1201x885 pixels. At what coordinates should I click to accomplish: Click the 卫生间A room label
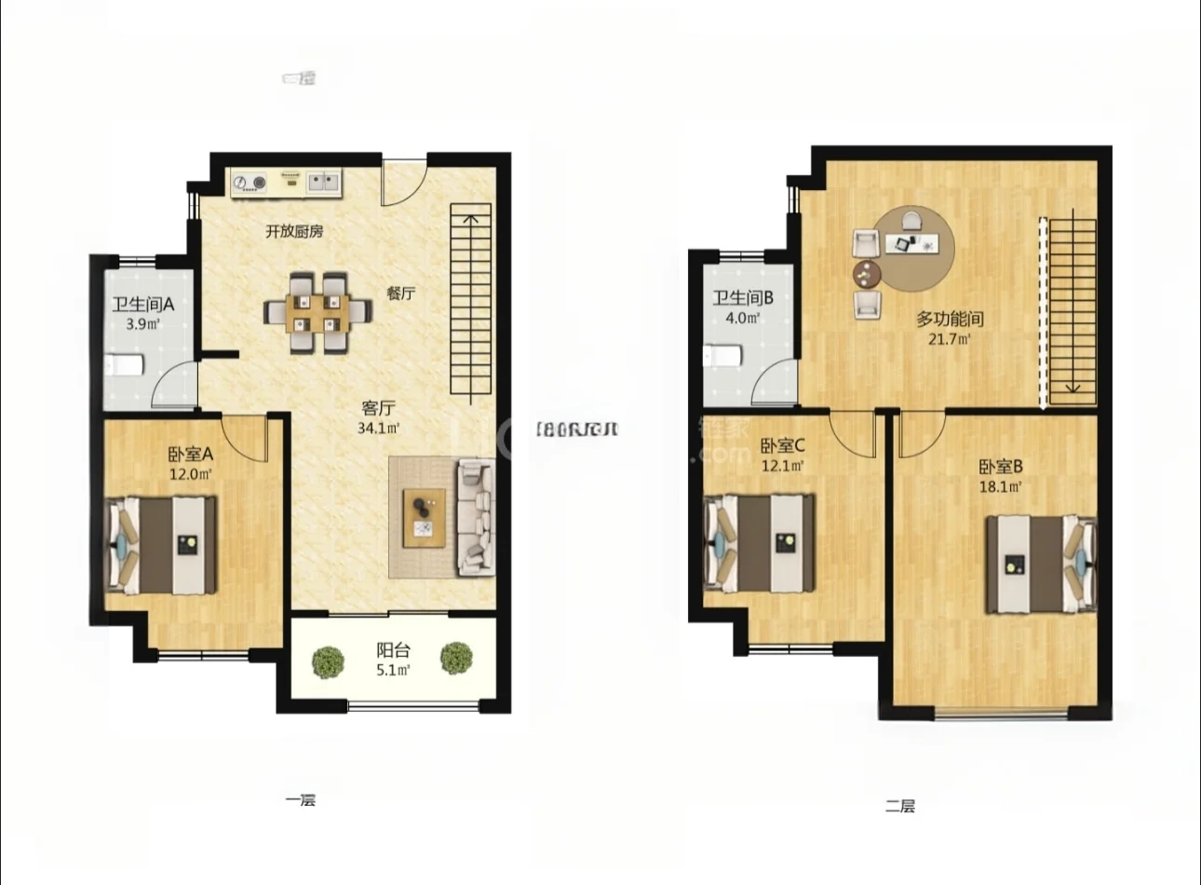click(x=143, y=304)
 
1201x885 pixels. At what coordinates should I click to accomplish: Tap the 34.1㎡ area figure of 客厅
click(x=378, y=429)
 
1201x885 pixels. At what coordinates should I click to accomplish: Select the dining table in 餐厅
click(x=317, y=311)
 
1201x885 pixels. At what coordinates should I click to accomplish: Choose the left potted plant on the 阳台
click(x=328, y=660)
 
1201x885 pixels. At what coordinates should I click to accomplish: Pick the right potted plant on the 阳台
click(x=456, y=658)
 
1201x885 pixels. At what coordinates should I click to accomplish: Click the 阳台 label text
click(x=392, y=650)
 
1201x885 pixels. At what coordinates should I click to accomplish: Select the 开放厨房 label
click(x=294, y=231)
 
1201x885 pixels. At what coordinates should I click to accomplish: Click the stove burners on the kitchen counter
click(x=250, y=183)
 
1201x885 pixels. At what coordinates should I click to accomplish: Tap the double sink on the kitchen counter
click(x=323, y=181)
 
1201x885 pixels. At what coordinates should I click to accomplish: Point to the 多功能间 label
click(x=950, y=319)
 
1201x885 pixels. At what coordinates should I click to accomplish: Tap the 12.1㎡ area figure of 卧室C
click(x=782, y=466)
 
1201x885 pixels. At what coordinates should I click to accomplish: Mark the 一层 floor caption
click(x=301, y=799)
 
